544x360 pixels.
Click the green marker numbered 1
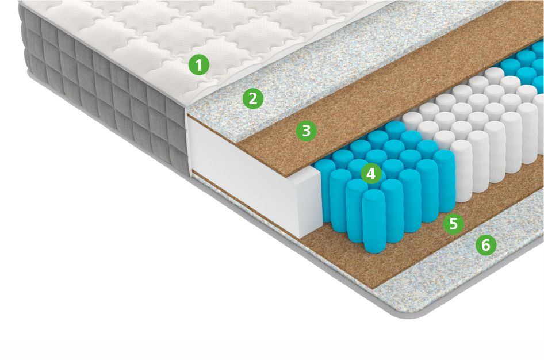tap(199, 65)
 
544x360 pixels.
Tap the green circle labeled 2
tap(253, 98)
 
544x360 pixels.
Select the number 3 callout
tap(306, 131)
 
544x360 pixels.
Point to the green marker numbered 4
tap(371, 174)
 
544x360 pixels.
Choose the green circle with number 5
tap(454, 224)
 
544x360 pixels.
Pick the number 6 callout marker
tap(486, 245)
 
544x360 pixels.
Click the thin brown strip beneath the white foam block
tap(243, 205)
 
